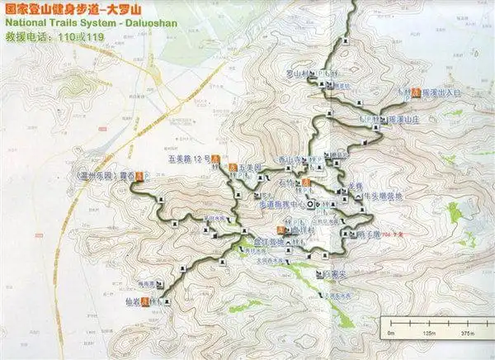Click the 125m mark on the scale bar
point(427,333)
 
